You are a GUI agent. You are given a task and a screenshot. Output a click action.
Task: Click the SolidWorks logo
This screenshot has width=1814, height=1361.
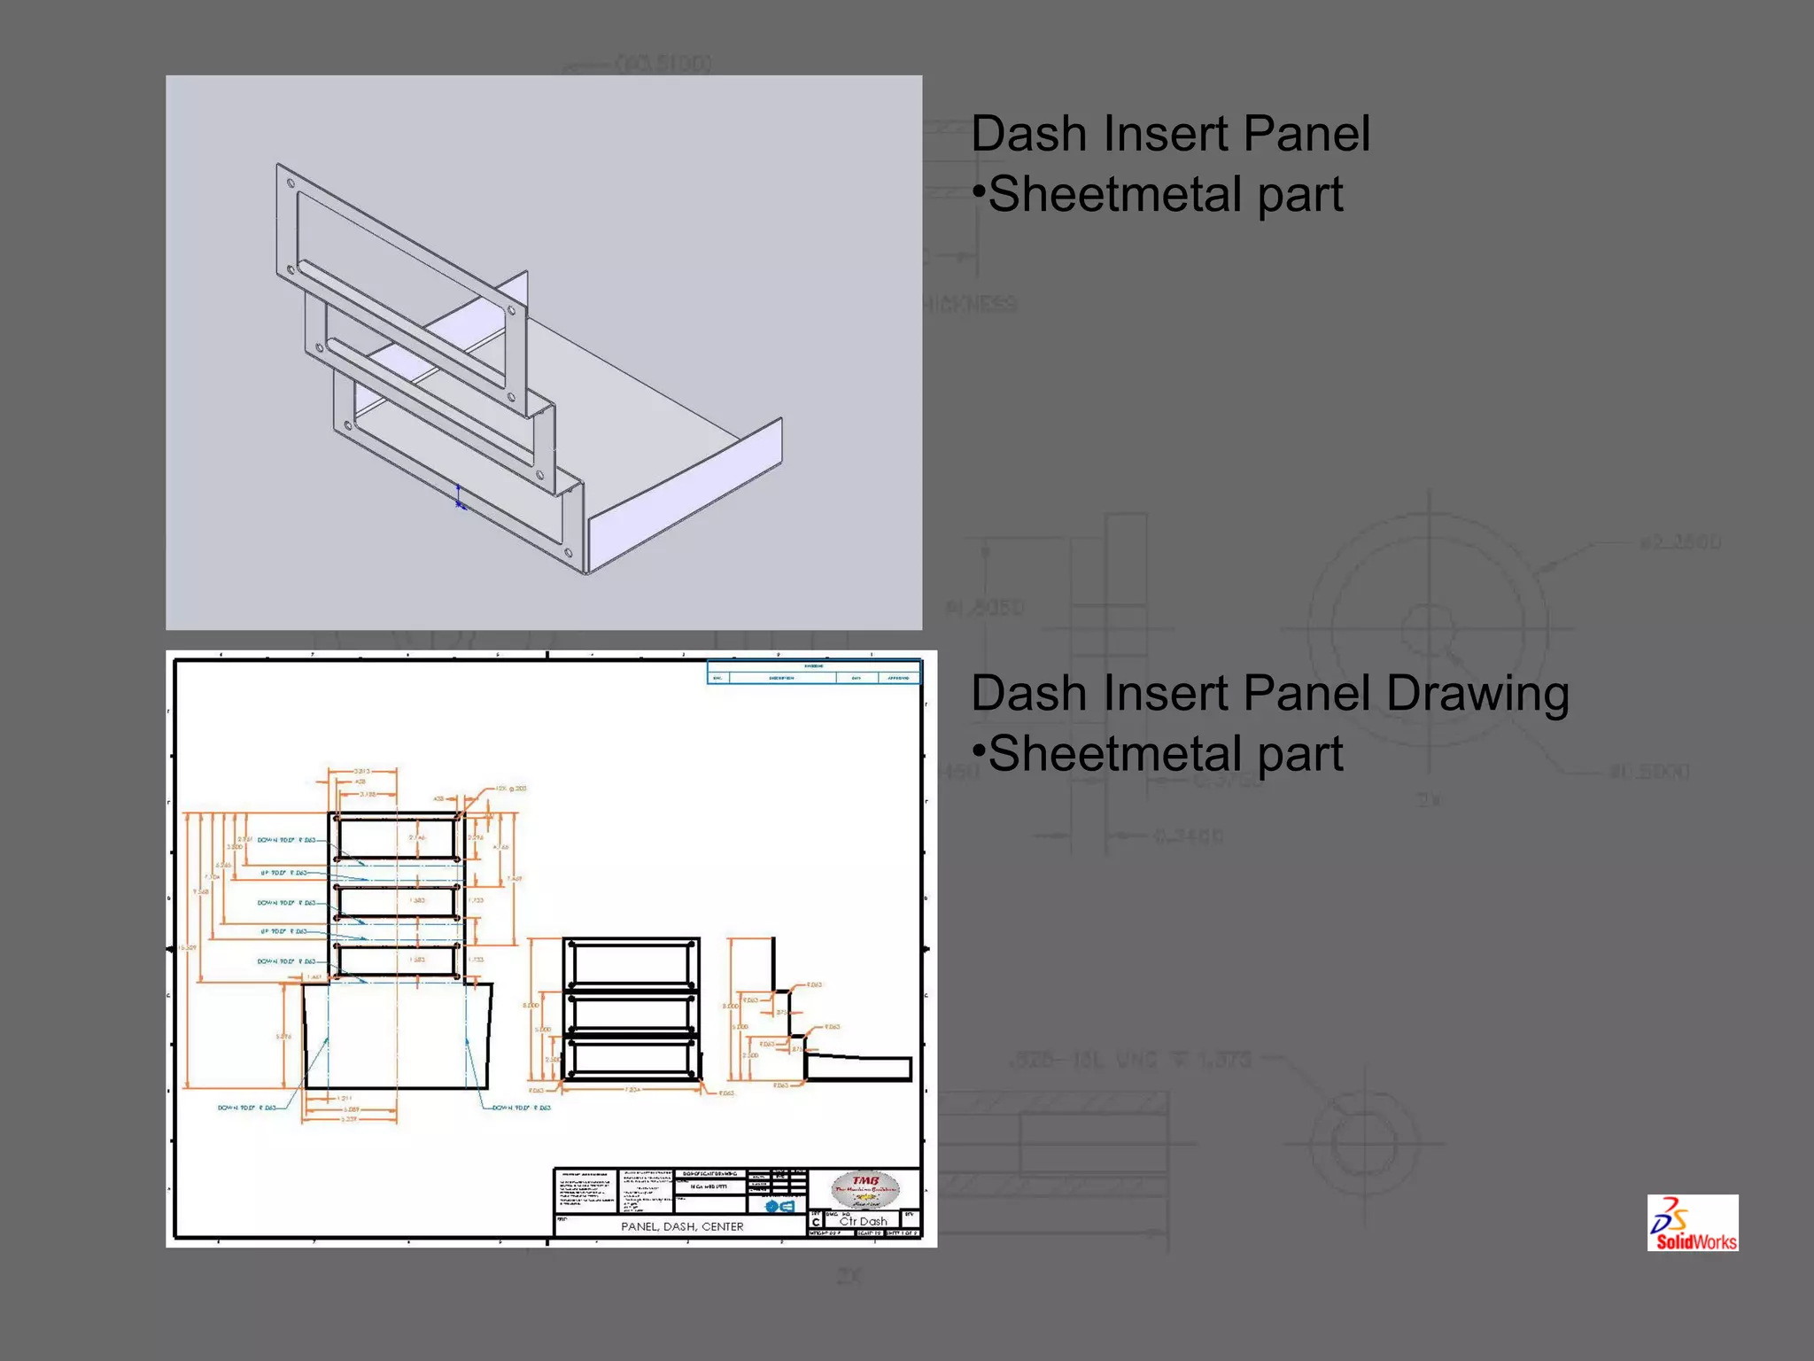pos(1692,1223)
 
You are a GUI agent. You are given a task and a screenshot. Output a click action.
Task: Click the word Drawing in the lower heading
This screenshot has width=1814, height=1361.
pos(1477,693)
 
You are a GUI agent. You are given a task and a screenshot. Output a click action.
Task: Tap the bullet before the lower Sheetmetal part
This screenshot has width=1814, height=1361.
pos(979,751)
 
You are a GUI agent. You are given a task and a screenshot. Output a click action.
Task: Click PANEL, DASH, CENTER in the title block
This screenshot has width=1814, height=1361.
pos(682,1226)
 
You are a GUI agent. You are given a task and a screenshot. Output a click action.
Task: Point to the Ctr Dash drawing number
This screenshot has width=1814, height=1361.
pos(863,1221)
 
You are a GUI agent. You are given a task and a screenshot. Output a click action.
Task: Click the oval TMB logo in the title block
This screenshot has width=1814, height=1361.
pos(865,1189)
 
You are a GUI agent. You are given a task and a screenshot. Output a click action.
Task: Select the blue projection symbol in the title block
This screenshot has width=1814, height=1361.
pos(779,1206)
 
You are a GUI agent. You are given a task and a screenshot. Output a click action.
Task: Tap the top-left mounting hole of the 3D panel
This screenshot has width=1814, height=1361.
pos(291,184)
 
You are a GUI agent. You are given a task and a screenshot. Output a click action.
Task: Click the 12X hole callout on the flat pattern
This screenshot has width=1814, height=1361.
pos(511,788)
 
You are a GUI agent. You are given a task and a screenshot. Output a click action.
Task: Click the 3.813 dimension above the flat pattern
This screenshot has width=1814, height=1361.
pos(362,772)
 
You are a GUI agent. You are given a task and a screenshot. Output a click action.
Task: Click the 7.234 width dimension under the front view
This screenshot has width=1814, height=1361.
pos(632,1090)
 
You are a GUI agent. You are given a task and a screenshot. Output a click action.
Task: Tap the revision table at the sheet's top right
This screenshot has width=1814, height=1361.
pos(814,673)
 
